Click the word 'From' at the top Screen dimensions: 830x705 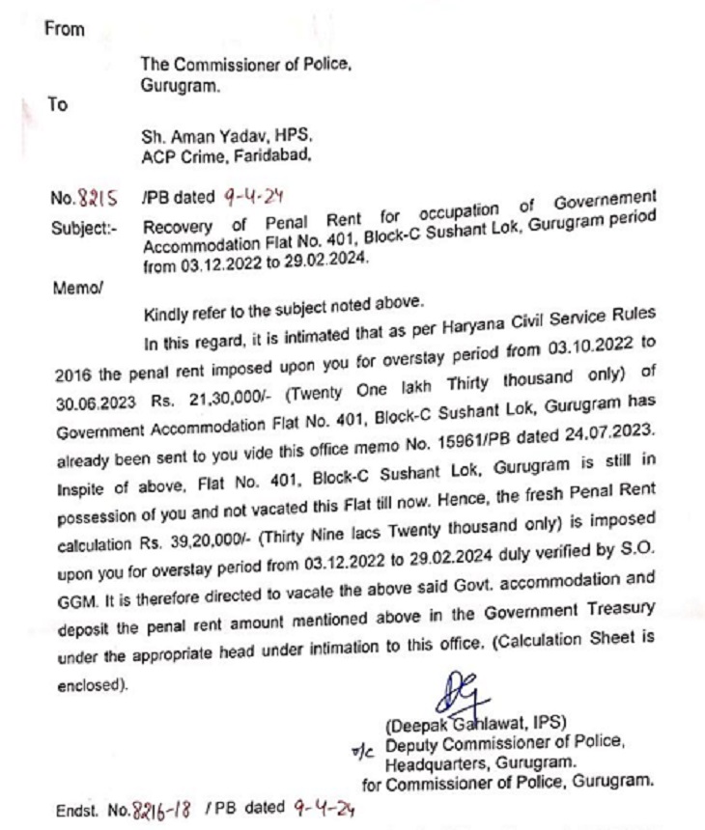point(65,29)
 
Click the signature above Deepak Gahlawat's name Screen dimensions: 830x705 point(465,694)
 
